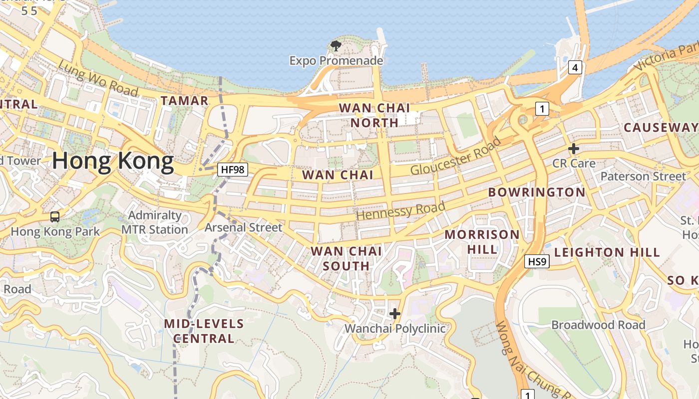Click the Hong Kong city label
(113, 161)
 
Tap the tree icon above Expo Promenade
(336, 46)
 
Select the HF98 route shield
(233, 170)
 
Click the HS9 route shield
(537, 261)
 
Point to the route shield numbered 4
(575, 67)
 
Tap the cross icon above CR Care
(574, 149)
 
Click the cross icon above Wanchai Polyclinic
(395, 314)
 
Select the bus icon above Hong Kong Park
(55, 217)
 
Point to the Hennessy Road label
(401, 211)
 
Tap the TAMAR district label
(184, 101)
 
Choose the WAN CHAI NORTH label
(374, 115)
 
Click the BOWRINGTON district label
(537, 192)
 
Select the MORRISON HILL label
(482, 241)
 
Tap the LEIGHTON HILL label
(607, 252)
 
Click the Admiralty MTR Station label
(155, 222)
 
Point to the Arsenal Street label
(244, 227)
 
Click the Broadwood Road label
(598, 325)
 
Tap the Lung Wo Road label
(98, 78)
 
